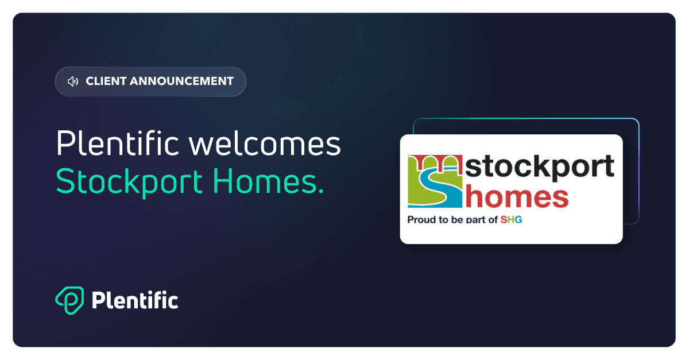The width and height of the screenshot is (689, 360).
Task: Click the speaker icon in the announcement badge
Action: click(73, 82)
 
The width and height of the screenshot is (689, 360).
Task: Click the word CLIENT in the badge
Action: click(106, 81)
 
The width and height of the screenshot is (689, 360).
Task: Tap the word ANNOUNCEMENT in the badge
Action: click(181, 81)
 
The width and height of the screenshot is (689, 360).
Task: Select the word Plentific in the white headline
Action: click(117, 142)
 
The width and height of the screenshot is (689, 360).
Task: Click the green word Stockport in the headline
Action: click(129, 183)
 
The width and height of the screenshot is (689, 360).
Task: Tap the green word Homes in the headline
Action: click(264, 181)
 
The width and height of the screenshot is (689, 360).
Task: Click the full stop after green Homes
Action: click(321, 191)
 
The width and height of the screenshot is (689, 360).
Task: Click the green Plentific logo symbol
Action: click(69, 300)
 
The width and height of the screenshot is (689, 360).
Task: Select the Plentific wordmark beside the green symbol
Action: click(135, 300)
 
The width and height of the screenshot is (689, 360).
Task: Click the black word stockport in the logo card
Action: click(540, 168)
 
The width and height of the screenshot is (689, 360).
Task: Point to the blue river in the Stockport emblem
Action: click(438, 188)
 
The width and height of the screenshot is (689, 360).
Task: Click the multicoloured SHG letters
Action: click(511, 220)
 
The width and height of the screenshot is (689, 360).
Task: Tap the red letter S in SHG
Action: click(504, 220)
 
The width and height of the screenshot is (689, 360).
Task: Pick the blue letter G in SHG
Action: click(518, 220)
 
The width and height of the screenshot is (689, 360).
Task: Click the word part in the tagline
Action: click(476, 220)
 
